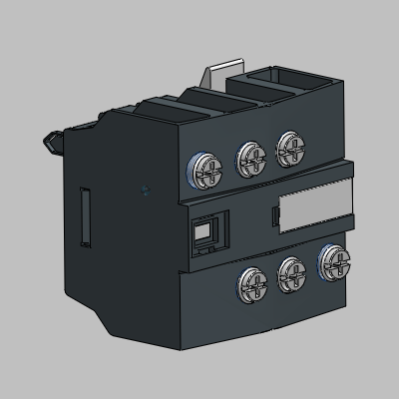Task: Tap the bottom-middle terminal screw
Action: pyautogui.click(x=290, y=269)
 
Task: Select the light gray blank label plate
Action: pyautogui.click(x=314, y=207)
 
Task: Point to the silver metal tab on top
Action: pyautogui.click(x=221, y=78)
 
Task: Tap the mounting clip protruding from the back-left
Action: pyautogui.click(x=51, y=145)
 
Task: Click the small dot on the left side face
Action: pyautogui.click(x=147, y=189)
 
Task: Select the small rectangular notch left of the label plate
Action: pyautogui.click(x=274, y=214)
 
